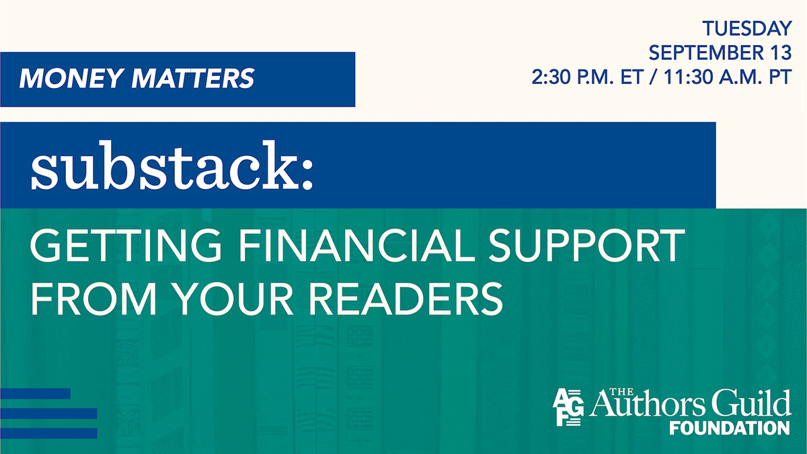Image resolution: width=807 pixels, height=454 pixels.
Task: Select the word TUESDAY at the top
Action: coord(746,29)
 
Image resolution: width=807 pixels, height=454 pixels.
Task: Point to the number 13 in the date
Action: coord(779,53)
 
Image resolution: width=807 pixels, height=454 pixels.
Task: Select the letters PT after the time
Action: coord(779,77)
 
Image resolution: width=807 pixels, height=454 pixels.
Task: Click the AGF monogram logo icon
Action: coord(566,408)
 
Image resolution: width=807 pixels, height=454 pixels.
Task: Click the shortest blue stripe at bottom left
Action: coord(35,393)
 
